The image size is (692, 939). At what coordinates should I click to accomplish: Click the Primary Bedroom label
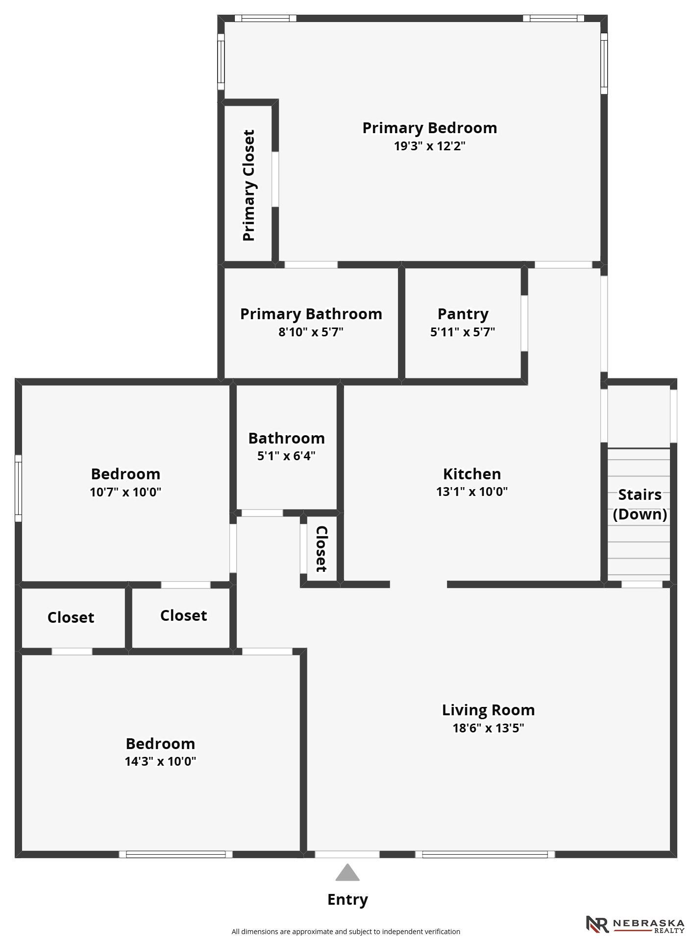[x=430, y=128]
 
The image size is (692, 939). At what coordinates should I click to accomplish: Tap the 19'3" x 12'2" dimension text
[x=430, y=146]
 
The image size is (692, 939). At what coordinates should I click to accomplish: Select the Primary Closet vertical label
[x=249, y=186]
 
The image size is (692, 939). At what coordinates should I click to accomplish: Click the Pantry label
[x=463, y=314]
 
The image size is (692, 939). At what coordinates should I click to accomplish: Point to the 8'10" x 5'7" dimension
[x=311, y=332]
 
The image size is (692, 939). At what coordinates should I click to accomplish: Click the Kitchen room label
[x=472, y=474]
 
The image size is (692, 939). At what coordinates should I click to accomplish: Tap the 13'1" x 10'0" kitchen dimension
[x=472, y=492]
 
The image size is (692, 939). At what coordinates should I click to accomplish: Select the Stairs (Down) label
[x=640, y=504]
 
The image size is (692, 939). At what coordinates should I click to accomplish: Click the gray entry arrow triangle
[x=347, y=872]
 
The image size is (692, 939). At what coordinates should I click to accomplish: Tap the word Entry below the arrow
[x=347, y=899]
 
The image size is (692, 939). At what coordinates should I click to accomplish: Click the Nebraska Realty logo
[x=635, y=924]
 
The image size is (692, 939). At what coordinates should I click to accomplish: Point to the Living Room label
[x=488, y=710]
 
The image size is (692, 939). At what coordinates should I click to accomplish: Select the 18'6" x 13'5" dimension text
[x=488, y=728]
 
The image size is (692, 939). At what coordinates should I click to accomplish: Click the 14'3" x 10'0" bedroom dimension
[x=160, y=761]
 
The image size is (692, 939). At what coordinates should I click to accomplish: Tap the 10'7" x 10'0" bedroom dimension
[x=125, y=492]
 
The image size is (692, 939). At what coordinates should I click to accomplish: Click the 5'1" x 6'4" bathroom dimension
[x=286, y=456]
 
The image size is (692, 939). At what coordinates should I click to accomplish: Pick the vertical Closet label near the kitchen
[x=321, y=549]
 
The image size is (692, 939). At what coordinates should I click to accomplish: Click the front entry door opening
[x=347, y=854]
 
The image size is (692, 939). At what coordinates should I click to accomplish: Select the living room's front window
[x=485, y=854]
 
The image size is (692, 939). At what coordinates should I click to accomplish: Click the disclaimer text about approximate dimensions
[x=346, y=932]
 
